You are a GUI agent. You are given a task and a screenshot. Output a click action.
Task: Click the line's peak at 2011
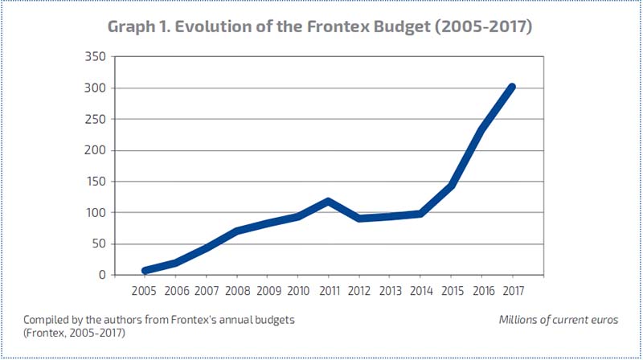tap(328, 201)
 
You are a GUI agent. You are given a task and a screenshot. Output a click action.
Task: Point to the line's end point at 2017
tap(511, 87)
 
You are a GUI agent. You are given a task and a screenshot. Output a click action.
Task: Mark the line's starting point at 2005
tap(145, 271)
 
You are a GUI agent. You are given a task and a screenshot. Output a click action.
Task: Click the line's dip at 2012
tap(358, 219)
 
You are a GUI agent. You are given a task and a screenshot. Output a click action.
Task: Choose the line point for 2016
tap(481, 129)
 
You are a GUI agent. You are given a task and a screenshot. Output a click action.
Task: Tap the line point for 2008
tap(236, 231)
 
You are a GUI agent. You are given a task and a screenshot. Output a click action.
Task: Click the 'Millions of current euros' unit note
tap(558, 319)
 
